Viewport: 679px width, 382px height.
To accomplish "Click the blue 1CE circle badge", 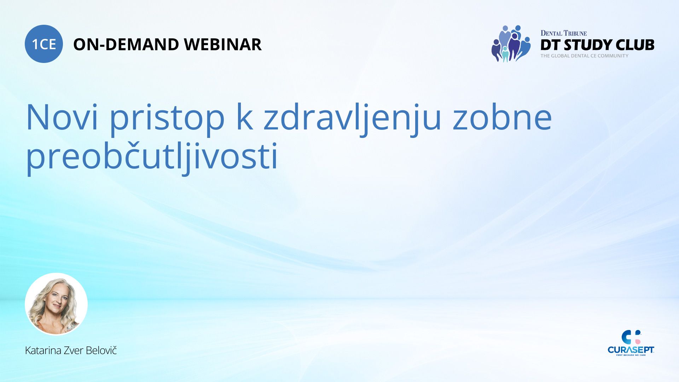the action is [44, 44].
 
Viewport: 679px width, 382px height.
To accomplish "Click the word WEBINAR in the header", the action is [223, 45].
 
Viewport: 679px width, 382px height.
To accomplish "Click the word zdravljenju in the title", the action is [352, 119].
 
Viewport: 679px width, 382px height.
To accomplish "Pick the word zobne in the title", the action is [503, 117].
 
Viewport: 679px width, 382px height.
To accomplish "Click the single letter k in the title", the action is [244, 116].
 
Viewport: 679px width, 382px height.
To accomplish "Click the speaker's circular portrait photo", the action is [56, 304].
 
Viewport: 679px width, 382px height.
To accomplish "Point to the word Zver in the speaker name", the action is [73, 351].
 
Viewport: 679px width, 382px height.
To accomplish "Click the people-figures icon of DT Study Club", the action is [511, 44].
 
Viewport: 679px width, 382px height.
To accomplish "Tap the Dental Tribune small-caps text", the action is [564, 33].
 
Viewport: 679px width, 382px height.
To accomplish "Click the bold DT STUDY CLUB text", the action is [597, 45].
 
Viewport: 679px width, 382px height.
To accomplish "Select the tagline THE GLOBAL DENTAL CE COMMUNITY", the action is [585, 56].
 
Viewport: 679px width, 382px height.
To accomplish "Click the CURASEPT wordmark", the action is [631, 350].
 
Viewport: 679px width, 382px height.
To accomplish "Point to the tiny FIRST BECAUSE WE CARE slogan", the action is [631, 355].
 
